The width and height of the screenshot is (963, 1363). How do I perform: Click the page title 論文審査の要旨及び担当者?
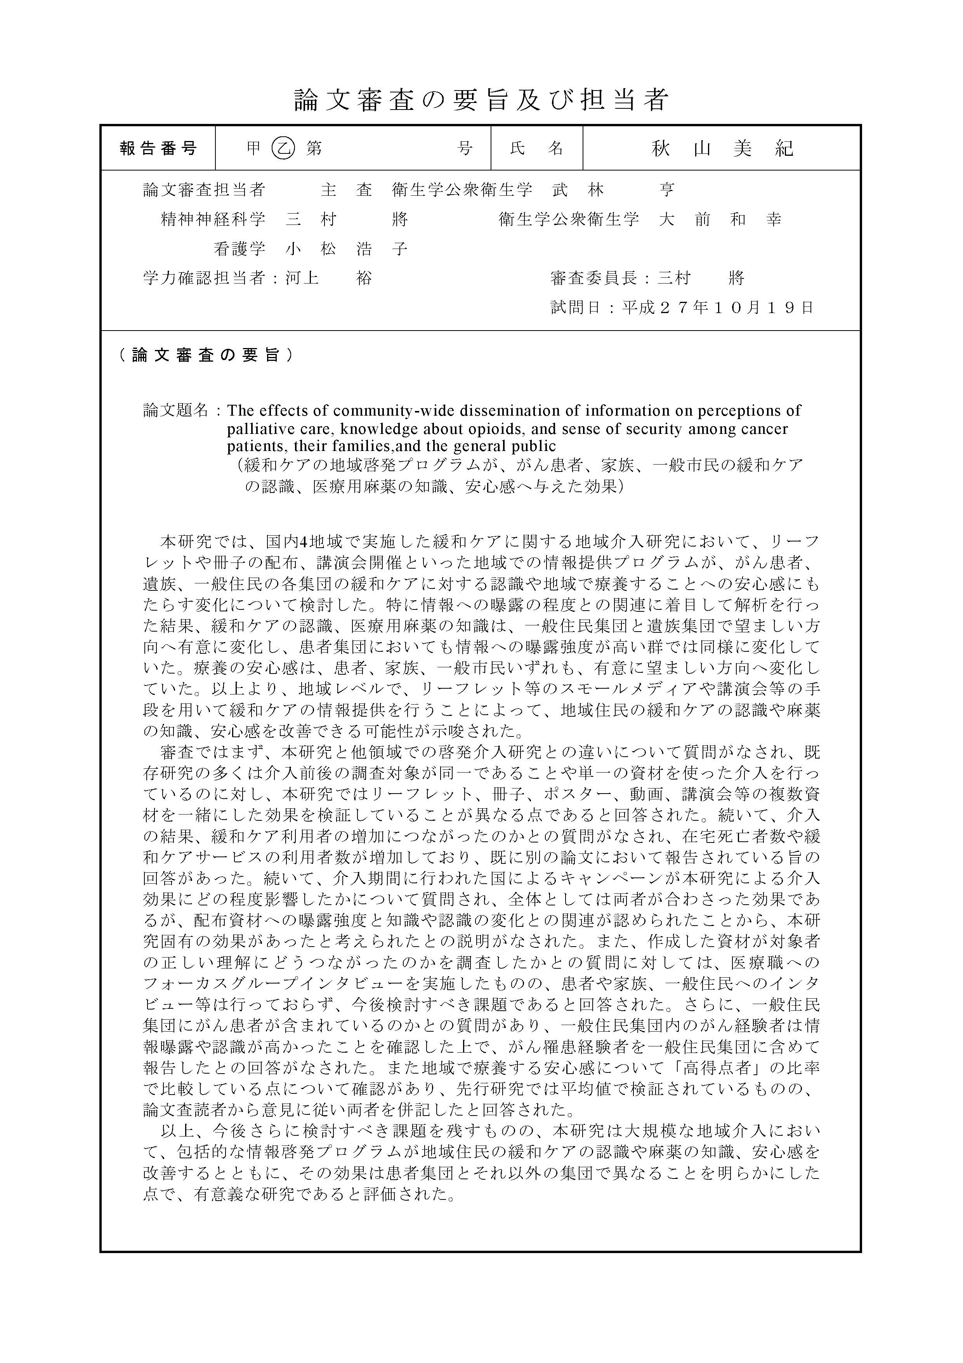481,100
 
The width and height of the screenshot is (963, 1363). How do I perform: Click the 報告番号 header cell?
158,148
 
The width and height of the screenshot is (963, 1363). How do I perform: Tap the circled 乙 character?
283,148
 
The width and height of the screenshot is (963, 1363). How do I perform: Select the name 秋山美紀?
722,148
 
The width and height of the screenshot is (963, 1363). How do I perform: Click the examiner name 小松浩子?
346,249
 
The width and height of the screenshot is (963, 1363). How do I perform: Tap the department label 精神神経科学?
213,219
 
